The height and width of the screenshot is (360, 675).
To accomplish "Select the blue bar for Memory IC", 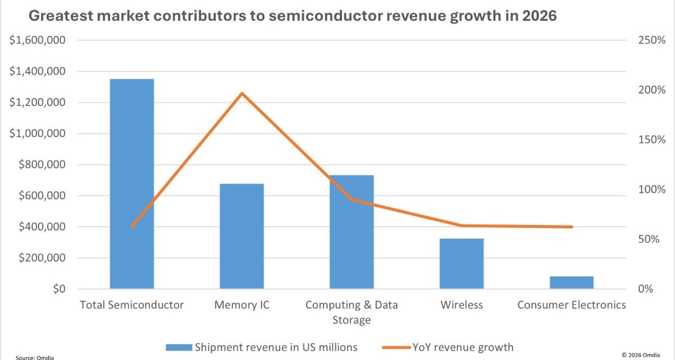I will pos(241,236).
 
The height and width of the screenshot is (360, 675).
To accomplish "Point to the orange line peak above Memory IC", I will pos(242,93).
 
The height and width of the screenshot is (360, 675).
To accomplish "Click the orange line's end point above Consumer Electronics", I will pos(571,227).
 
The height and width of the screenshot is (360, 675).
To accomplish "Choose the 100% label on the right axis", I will pos(652,190).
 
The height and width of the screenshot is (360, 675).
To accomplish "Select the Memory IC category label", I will pos(242,305).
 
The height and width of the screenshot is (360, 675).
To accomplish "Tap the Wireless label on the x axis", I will pos(461,305).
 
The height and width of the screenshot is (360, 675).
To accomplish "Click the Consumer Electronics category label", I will pos(571,305).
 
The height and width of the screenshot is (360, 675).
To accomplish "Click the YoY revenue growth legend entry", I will pos(447,346).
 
